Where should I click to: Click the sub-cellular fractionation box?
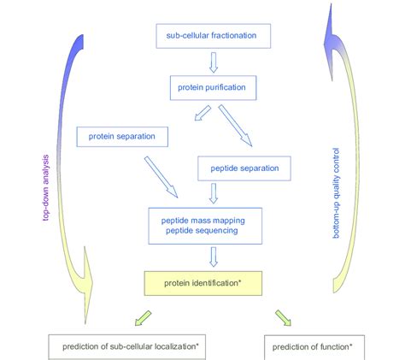[213, 36]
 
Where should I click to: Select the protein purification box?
[213, 88]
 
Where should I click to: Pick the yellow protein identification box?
[213, 280]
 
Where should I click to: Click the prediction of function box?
[313, 347]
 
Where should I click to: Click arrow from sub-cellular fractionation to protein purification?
[213, 62]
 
